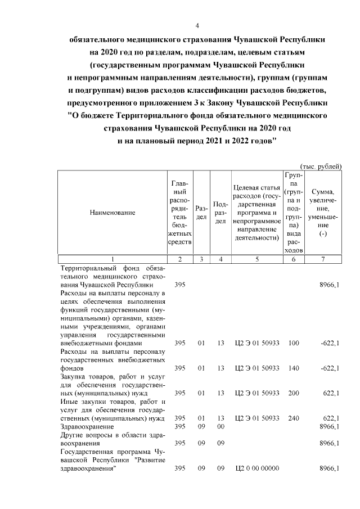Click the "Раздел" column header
(201, 213)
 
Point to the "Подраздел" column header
(221, 213)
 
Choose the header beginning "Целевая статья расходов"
(257, 213)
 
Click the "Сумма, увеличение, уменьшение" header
(323, 213)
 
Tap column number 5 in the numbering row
(257, 259)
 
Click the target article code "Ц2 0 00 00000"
(257, 469)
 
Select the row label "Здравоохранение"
(87, 427)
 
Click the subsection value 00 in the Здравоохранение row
(221, 427)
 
